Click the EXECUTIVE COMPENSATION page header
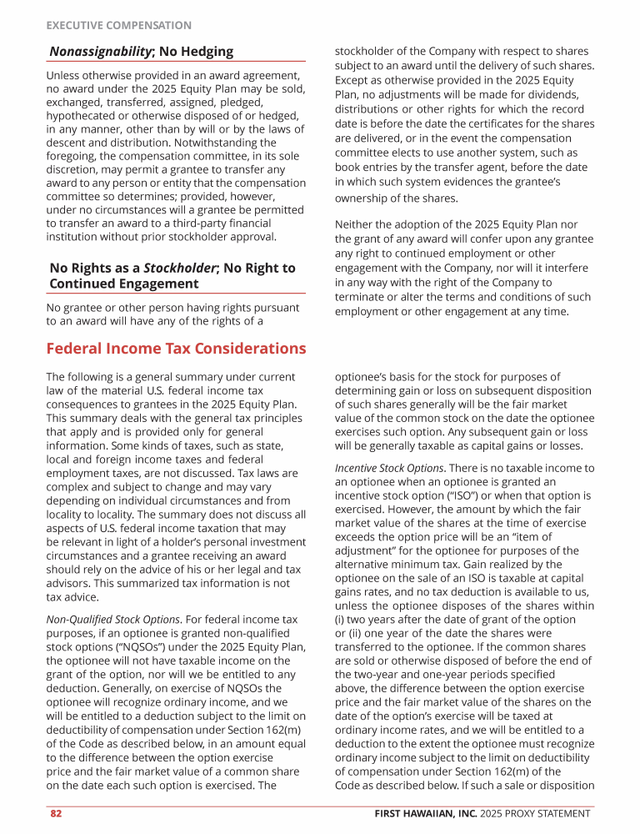(118, 26)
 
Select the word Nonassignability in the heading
(100, 52)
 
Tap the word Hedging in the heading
(208, 52)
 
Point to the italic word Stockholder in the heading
(181, 268)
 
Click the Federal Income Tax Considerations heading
(176, 349)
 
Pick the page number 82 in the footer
(56, 813)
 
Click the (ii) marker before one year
(341, 632)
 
